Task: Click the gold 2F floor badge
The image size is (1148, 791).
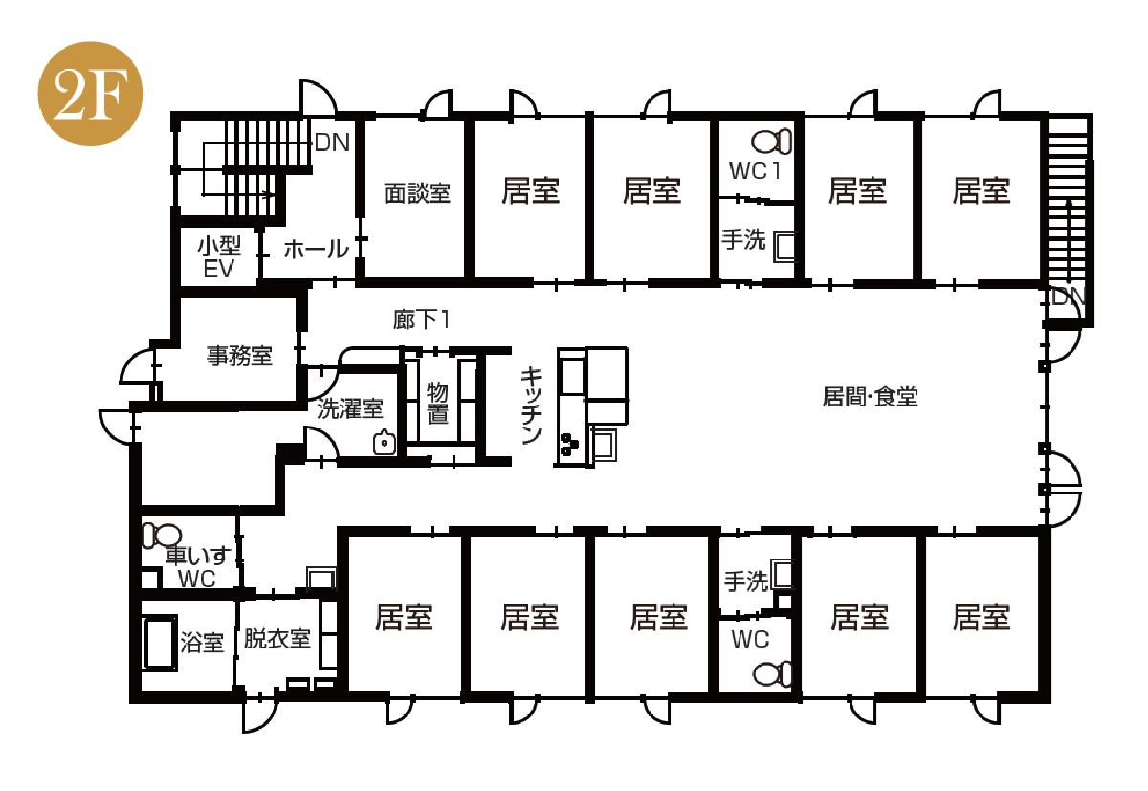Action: (x=91, y=94)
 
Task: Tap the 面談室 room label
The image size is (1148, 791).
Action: (x=417, y=193)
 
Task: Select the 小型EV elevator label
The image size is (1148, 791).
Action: (x=219, y=257)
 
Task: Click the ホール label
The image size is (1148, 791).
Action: (x=317, y=250)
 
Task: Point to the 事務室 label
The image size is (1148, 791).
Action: (x=239, y=356)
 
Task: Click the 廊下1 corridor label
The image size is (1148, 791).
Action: (x=421, y=319)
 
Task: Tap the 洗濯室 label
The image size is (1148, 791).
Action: (x=350, y=408)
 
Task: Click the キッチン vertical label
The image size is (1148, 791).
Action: (x=532, y=406)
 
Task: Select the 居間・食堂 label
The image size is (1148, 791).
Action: (x=871, y=397)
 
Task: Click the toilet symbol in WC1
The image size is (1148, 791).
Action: (x=772, y=141)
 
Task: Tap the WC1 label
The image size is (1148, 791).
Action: (x=756, y=170)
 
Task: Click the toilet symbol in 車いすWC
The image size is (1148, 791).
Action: (x=162, y=536)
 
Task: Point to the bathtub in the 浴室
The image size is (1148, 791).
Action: (x=160, y=643)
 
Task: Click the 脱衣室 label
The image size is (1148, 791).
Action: (x=277, y=638)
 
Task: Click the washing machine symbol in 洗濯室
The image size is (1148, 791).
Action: (x=385, y=443)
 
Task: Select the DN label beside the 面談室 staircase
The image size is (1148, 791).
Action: (x=333, y=142)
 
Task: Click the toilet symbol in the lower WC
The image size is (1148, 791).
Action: (x=772, y=674)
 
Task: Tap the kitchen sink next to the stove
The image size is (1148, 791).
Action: (x=604, y=443)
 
